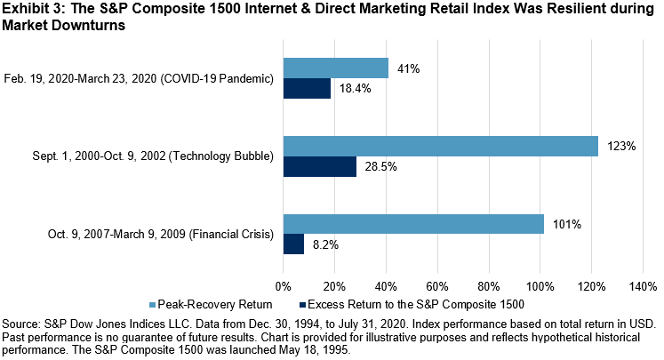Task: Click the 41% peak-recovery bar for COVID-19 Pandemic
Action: coord(336,68)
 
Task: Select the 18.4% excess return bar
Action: coord(307,88)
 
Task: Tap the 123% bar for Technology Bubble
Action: coord(441,147)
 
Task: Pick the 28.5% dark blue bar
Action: coord(320,166)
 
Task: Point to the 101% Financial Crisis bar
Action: coord(413,224)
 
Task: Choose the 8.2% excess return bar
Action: coord(293,244)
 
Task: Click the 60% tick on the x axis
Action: coord(436,286)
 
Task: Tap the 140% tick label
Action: coord(642,286)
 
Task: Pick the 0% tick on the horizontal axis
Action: coord(284,286)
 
